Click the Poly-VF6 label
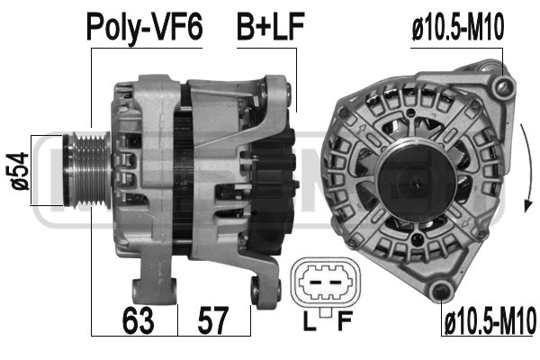(x=144, y=27)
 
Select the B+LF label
(x=271, y=26)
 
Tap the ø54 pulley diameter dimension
(x=20, y=171)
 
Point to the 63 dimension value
(x=138, y=320)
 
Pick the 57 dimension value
(x=213, y=320)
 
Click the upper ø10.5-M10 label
(x=458, y=27)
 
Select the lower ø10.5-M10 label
(x=490, y=321)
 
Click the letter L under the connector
(x=310, y=320)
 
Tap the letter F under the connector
(x=345, y=320)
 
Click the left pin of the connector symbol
(x=315, y=283)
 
